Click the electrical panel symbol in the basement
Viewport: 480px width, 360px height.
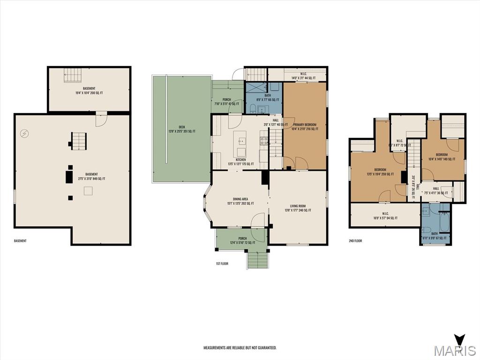coord(24,134)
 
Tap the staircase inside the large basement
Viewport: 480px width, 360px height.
coord(79,141)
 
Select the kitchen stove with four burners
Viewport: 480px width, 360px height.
coord(264,139)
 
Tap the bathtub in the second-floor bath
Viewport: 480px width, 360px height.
coord(444,223)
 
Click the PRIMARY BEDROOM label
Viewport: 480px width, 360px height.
coord(304,127)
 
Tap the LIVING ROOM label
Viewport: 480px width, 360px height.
coord(298,208)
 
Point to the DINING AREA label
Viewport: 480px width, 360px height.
coord(240,201)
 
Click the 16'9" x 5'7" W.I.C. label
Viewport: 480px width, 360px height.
coord(385,216)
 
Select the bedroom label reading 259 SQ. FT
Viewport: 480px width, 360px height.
coord(380,172)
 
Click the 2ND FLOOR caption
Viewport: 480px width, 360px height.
coord(355,241)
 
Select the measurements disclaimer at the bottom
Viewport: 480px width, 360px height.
coord(240,348)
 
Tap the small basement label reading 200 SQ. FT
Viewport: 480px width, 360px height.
coord(89,91)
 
